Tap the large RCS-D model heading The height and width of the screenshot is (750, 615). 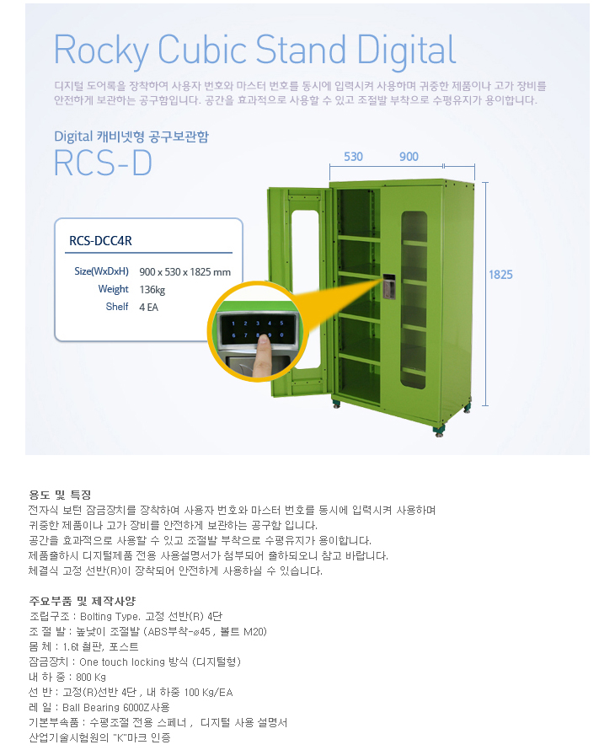tap(102, 163)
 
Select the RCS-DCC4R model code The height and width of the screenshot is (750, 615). tap(100, 241)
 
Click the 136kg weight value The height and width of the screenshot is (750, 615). tap(152, 289)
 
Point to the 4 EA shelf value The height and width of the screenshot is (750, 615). tap(148, 307)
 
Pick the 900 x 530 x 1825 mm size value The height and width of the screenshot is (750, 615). tap(184, 271)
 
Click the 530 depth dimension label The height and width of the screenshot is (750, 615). tap(354, 158)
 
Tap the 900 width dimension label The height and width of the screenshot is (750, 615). tap(409, 158)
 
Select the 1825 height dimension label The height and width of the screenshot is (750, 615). tap(500, 274)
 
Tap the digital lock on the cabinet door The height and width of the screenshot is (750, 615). tap(390, 286)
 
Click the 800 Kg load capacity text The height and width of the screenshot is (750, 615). tap(91, 677)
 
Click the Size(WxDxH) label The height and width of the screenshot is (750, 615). tap(101, 271)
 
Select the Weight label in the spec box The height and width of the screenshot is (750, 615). tap(113, 289)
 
